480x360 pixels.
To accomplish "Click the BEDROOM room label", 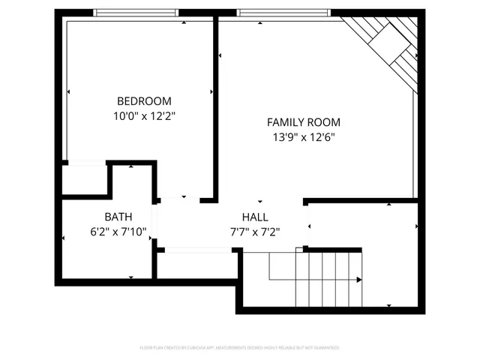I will point(144,101).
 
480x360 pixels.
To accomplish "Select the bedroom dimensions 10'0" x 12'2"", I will point(144,116).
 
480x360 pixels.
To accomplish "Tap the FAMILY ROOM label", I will point(303,122).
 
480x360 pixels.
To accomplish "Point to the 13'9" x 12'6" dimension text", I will point(303,137).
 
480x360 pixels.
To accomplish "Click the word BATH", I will point(118,217).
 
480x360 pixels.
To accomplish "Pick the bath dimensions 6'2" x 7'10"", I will point(118,232).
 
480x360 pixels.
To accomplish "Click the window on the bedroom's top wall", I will point(136,13).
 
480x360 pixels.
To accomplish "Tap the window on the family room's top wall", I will point(283,13).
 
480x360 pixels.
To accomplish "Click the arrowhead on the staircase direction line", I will point(359,280).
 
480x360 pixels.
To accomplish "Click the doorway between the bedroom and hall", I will point(179,199).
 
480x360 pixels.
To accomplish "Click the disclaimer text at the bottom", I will point(240,348).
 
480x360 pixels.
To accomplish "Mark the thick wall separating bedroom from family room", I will point(215,105).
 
